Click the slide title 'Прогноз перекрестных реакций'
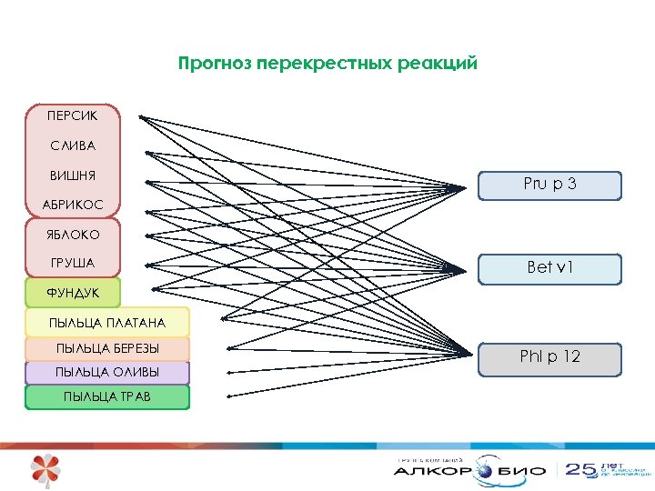327,64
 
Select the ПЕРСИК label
72,116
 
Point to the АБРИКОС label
73,205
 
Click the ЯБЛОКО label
73,235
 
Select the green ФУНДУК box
73,293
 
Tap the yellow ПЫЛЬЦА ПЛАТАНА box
107,322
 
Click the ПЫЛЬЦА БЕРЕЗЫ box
107,349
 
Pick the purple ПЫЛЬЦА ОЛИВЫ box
107,373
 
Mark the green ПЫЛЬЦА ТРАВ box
107,396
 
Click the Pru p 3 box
549,185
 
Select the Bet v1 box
549,268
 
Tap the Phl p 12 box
549,357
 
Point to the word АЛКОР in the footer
432,472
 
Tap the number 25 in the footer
580,470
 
